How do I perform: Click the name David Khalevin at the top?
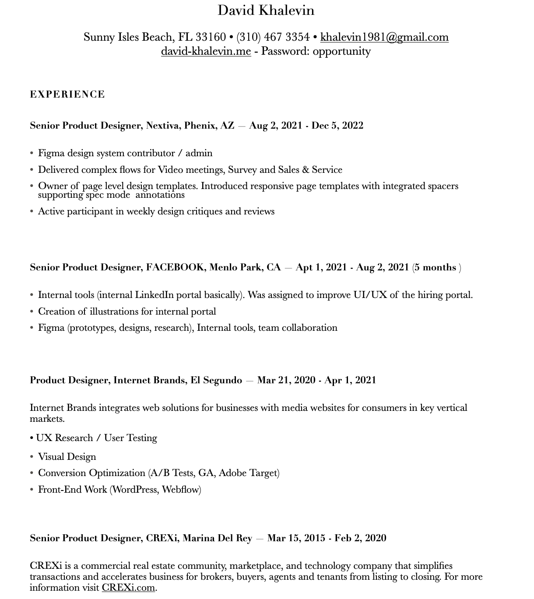pos(266,10)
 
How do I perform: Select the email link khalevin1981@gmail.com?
pos(384,37)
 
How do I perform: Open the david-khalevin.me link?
pos(206,51)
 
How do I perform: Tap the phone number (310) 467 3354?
pos(273,37)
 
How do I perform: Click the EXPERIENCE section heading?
pos(67,95)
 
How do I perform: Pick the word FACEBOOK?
pos(175,267)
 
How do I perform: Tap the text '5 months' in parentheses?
pos(435,267)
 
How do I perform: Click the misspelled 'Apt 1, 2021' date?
pos(321,267)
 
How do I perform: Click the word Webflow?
pos(180,490)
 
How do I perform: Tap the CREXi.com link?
pos(128,588)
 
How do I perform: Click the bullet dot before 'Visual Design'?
pos(32,457)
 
